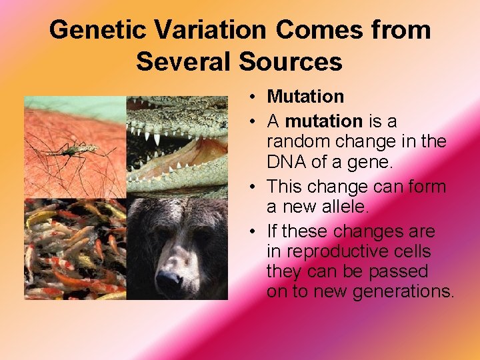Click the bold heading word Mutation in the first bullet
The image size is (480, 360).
(x=305, y=97)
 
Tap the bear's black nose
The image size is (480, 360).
(x=169, y=283)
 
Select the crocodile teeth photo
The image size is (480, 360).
(x=177, y=147)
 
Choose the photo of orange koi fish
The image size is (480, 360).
(x=75, y=249)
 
